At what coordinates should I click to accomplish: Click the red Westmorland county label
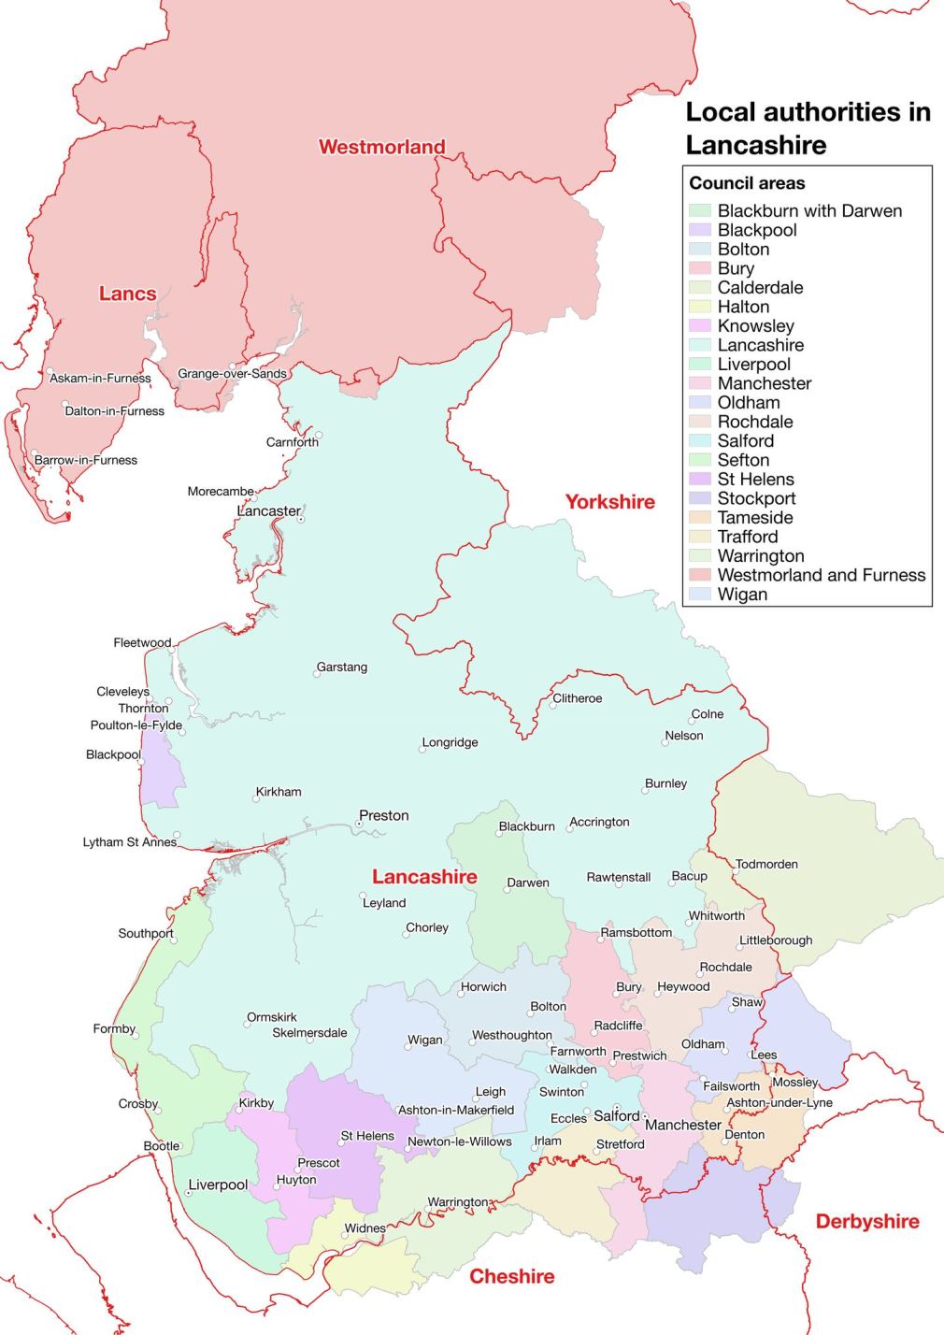click(381, 147)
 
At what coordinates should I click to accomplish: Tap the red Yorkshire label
click(609, 502)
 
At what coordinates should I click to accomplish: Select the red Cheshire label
click(511, 1277)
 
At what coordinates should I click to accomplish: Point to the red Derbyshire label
click(866, 1222)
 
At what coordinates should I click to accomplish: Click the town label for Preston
click(384, 815)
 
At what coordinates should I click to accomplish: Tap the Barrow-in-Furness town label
click(86, 460)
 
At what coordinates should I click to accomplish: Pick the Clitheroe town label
click(578, 698)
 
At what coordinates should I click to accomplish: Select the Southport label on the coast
click(146, 933)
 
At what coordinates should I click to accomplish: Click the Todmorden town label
click(766, 864)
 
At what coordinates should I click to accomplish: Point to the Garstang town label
click(342, 667)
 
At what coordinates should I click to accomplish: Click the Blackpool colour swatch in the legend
click(700, 230)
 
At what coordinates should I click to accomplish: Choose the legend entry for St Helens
click(756, 479)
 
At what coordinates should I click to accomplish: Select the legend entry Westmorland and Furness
click(821, 575)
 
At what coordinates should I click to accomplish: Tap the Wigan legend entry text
click(742, 595)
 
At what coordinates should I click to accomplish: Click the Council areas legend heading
click(747, 183)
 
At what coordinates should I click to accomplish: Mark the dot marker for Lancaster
click(300, 519)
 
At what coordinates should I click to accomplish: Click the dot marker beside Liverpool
click(188, 1192)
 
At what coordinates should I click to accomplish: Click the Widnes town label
click(365, 1228)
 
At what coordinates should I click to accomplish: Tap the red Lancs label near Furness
click(127, 294)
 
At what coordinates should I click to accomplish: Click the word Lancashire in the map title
click(756, 146)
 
